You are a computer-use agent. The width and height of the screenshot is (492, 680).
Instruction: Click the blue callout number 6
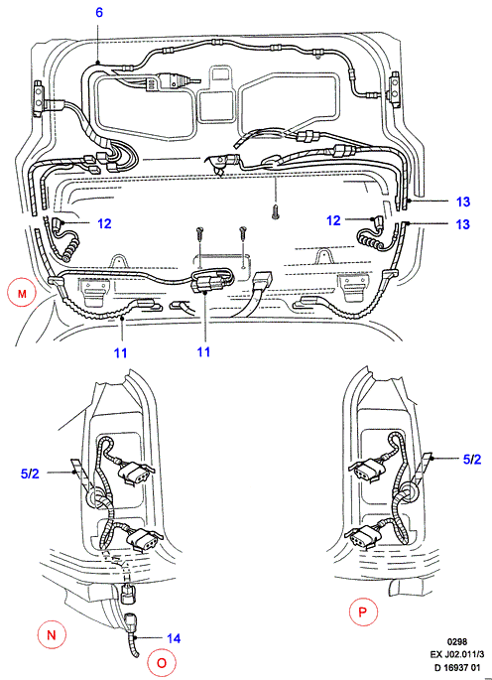99,12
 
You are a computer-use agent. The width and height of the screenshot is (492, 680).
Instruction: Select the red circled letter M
22,294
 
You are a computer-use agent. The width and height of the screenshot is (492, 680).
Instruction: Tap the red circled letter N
52,635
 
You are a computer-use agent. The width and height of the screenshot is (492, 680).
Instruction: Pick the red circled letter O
162,663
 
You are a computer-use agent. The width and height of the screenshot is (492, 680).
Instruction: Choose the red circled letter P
363,612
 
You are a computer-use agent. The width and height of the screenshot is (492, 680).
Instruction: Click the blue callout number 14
173,638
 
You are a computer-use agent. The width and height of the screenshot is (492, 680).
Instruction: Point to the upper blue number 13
463,202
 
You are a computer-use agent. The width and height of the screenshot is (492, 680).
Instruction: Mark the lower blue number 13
463,224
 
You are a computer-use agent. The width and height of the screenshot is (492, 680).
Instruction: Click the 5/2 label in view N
30,474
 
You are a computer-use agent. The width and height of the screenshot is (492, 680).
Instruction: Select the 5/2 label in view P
472,460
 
